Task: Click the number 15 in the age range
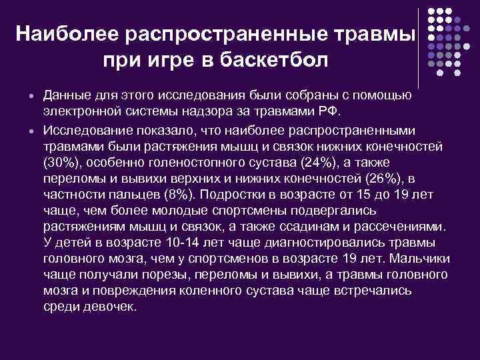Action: click(368, 195)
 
